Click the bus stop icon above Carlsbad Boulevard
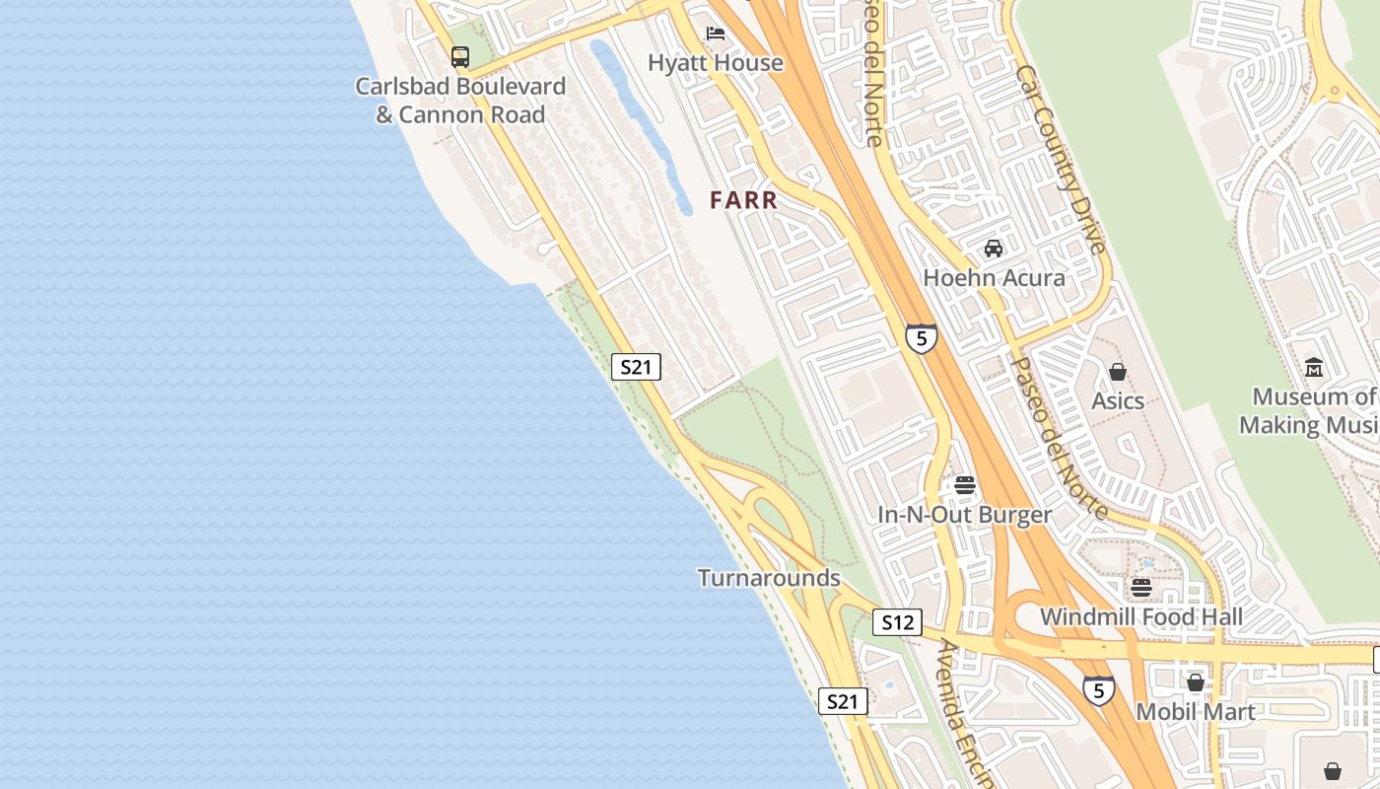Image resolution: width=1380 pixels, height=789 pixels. tap(460, 56)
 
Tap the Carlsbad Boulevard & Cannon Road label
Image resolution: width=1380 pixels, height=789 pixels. tap(460, 101)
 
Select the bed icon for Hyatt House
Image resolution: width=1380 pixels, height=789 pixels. tap(716, 35)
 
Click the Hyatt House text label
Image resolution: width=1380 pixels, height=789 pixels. tap(716, 63)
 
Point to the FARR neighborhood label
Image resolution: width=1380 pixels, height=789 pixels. tap(744, 200)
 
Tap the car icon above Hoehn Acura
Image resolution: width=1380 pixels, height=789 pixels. tap(994, 249)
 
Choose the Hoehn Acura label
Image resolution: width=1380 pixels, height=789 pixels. tap(994, 278)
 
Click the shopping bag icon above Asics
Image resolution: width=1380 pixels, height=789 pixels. tap(1118, 372)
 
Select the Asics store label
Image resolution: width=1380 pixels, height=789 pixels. tap(1118, 401)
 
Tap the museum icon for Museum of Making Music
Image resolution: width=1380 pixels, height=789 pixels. tap(1314, 368)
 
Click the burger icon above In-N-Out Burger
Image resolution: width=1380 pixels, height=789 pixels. tap(965, 485)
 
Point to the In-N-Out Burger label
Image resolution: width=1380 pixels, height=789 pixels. tap(965, 515)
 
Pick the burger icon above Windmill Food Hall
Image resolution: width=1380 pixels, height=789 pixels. tap(1141, 588)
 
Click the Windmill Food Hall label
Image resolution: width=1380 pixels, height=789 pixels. tap(1141, 617)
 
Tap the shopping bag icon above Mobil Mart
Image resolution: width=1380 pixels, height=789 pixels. tap(1196, 682)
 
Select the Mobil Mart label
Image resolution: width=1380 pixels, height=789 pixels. tap(1196, 712)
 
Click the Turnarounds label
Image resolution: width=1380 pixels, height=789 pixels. tap(769, 578)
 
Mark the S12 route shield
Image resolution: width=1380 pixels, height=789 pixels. tap(897, 622)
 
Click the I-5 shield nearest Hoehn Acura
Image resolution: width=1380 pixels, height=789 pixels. tap(921, 338)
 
